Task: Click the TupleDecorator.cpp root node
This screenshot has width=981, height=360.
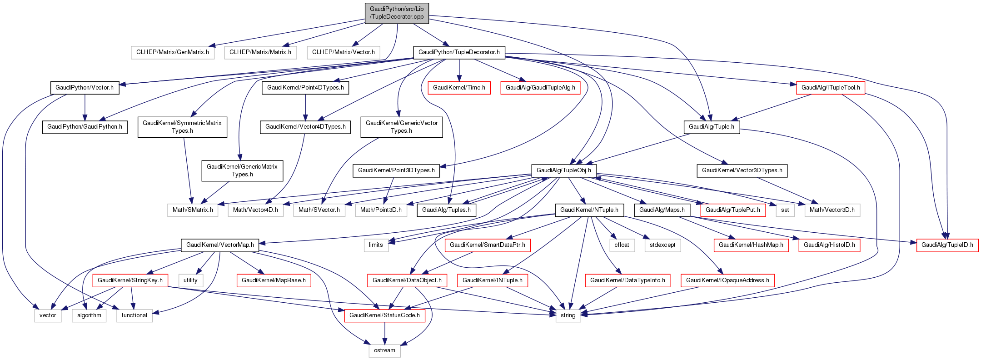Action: pos(397,13)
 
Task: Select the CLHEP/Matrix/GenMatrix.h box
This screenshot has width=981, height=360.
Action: pos(173,52)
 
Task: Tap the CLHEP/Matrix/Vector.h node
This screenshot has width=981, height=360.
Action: pos(344,52)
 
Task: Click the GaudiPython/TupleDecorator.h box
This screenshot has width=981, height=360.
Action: pos(459,52)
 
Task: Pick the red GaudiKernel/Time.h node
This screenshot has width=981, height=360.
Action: pos(459,88)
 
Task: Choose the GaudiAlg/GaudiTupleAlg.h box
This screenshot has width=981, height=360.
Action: pos(540,88)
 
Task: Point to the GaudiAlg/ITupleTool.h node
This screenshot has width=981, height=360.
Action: pos(831,88)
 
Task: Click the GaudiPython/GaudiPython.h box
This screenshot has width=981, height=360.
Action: pos(85,127)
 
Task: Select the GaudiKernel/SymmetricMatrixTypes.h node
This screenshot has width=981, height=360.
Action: pos(182,127)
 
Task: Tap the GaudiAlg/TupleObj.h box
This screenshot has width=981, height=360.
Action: pos(564,170)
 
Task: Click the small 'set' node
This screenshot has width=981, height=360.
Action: pos(785,210)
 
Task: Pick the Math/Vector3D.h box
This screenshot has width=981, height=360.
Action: pos(832,210)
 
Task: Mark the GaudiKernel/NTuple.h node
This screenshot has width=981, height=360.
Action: pos(589,210)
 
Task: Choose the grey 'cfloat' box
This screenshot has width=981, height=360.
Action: pos(622,245)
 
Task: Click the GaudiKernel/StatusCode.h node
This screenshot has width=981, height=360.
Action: pos(384,315)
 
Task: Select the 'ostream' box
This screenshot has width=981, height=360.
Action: pos(384,350)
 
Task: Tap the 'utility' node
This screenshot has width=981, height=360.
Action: pos(190,280)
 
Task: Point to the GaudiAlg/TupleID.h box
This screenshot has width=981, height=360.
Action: pos(947,245)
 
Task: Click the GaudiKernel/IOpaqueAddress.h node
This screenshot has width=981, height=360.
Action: pos(727,280)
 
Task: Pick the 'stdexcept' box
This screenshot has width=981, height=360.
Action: pos(662,245)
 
